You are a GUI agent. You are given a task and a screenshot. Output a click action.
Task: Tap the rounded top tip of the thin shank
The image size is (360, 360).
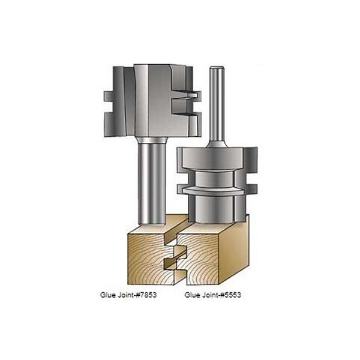(214, 68)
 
